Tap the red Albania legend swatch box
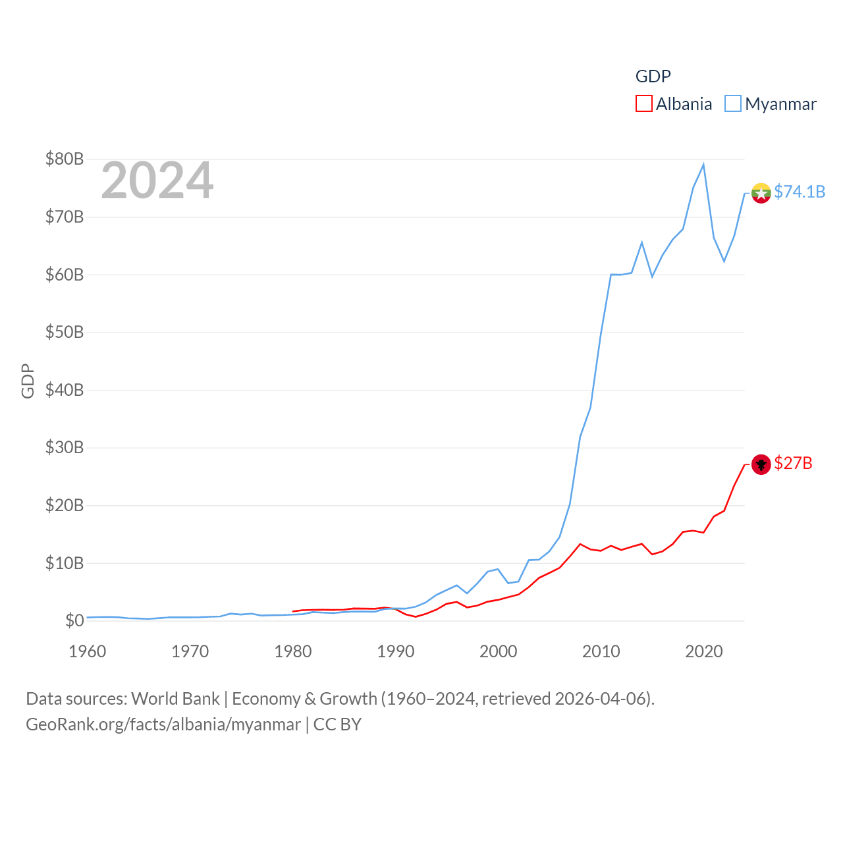click(x=643, y=104)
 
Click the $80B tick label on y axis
click(x=65, y=159)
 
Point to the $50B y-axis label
click(x=65, y=332)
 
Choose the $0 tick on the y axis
click(x=74, y=620)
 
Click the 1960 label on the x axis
click(x=88, y=651)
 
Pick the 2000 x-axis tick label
click(x=499, y=651)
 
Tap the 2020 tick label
click(x=704, y=651)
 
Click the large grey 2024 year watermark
click(x=157, y=180)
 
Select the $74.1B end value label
click(x=800, y=192)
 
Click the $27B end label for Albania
click(x=793, y=464)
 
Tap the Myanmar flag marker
click(x=761, y=193)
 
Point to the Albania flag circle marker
click(x=761, y=464)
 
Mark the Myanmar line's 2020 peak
click(x=703, y=165)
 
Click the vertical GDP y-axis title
click(x=28, y=381)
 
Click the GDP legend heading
click(x=653, y=76)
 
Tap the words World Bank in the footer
click(x=176, y=699)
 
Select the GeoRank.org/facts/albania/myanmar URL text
click(x=163, y=724)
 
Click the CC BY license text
click(x=337, y=724)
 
